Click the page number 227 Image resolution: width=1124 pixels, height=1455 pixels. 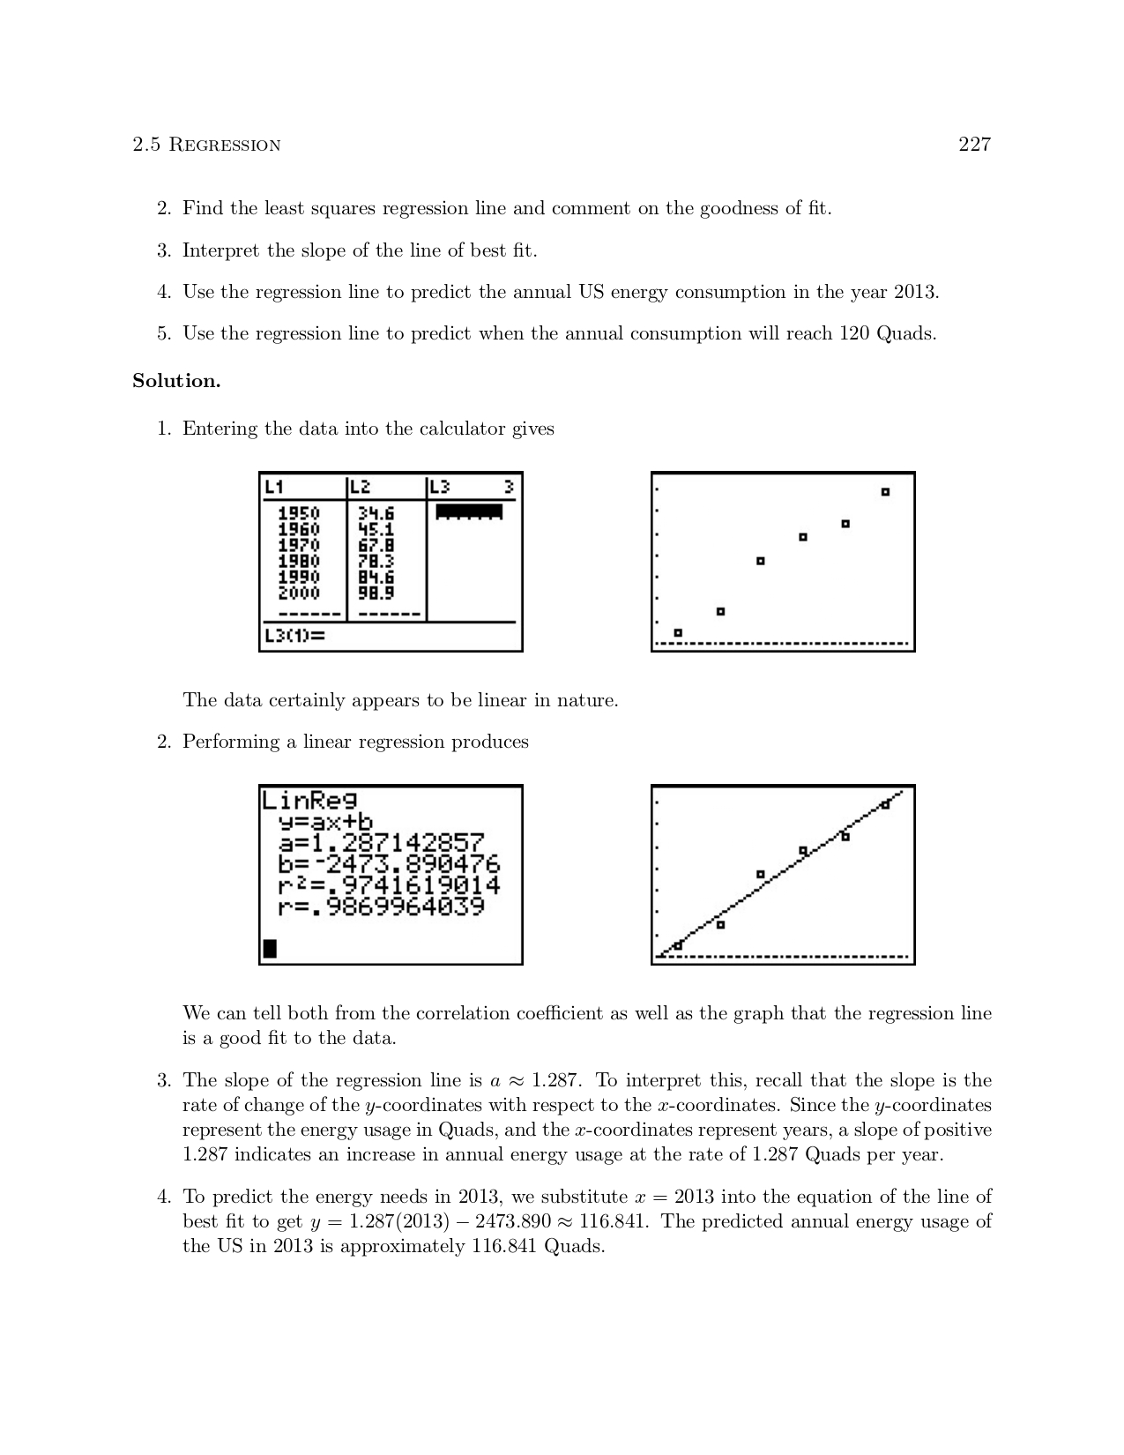pyautogui.click(x=974, y=145)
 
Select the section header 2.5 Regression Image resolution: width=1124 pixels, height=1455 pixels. pyautogui.click(x=206, y=145)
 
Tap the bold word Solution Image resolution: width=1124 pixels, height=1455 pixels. pyautogui.click(x=176, y=381)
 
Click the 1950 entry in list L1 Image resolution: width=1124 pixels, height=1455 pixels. pyautogui.click(x=299, y=513)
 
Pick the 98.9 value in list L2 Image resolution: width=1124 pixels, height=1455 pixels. pyautogui.click(x=376, y=593)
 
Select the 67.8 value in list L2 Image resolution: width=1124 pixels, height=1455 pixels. pyautogui.click(x=376, y=545)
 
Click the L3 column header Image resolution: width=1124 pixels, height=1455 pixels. pyautogui.click(x=440, y=487)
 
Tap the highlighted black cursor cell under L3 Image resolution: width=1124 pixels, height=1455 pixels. pyautogui.click(x=469, y=511)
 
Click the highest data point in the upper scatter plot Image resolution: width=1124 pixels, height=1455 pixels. pyautogui.click(x=885, y=492)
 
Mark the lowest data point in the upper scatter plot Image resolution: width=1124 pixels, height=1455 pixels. pyautogui.click(x=678, y=632)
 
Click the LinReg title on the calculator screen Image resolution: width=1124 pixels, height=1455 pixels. pyautogui.click(x=309, y=800)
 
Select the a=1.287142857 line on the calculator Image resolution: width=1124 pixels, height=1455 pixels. pyautogui.click(x=382, y=842)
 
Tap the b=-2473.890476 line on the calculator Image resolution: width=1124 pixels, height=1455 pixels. pyautogui.click(x=389, y=863)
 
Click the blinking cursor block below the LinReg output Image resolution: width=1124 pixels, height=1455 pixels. pyautogui.click(x=270, y=949)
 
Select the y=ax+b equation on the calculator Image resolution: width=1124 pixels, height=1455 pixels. pyautogui.click(x=325, y=822)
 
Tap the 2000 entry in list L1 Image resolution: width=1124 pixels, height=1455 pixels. pyautogui.click(x=299, y=593)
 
